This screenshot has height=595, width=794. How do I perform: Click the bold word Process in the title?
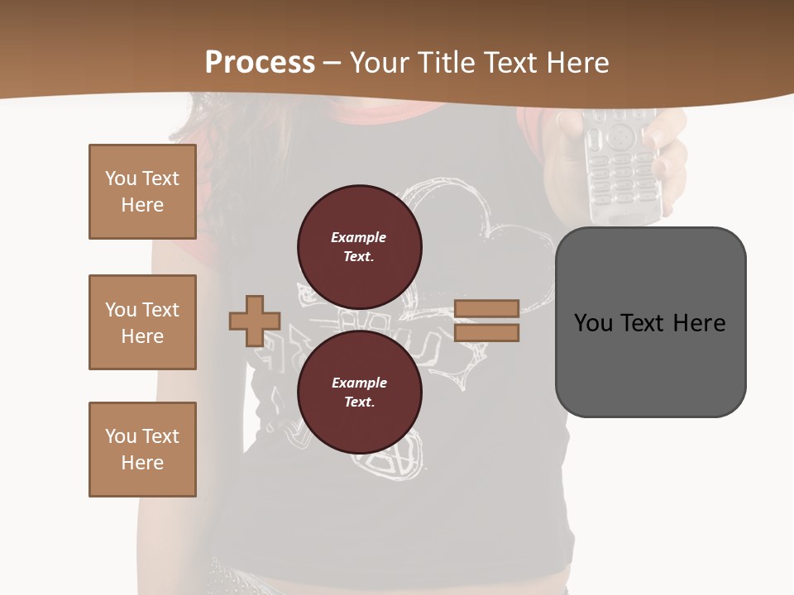tap(260, 63)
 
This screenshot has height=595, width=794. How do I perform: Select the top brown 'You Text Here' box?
tap(142, 192)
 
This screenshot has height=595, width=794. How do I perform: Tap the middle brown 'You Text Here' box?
tap(142, 322)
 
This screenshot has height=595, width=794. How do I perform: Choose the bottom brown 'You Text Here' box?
tap(142, 450)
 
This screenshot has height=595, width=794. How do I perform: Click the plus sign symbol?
tap(254, 321)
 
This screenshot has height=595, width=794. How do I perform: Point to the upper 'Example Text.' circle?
tap(359, 246)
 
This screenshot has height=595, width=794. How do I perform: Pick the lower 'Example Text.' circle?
tap(359, 393)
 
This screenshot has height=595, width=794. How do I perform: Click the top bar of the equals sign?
tap(486, 308)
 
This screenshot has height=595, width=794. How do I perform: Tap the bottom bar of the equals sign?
tap(486, 333)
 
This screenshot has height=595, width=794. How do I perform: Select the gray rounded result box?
tap(650, 321)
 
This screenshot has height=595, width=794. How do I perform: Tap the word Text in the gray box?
tap(643, 322)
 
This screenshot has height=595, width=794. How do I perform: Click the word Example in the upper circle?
tap(358, 237)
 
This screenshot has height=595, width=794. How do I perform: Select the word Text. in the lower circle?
tap(359, 402)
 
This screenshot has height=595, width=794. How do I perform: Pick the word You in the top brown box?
tap(121, 178)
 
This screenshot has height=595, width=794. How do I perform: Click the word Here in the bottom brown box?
tap(142, 463)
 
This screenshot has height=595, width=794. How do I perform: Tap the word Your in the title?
tap(381, 63)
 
